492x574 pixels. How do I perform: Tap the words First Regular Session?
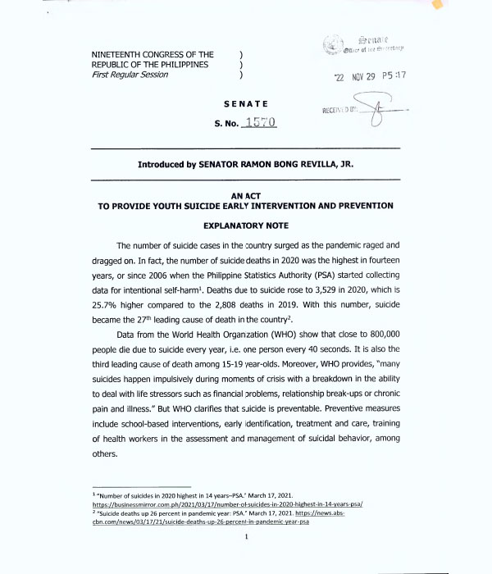tap(130, 75)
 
